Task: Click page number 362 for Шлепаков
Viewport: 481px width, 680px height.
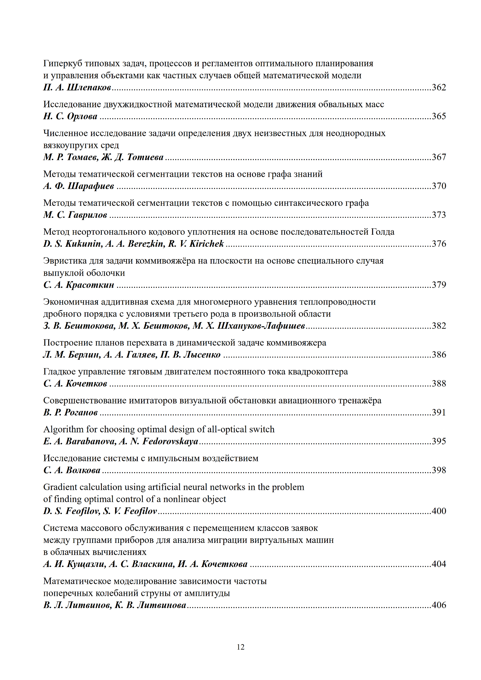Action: pos(439,87)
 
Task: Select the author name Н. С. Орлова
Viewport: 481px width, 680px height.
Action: pos(70,116)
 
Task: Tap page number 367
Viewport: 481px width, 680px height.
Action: pos(439,157)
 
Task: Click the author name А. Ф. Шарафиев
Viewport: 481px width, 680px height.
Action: pos(79,186)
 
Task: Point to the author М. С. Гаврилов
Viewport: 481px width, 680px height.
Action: pos(75,215)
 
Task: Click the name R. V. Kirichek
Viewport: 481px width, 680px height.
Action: pos(196,244)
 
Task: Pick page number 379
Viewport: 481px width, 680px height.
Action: pos(439,285)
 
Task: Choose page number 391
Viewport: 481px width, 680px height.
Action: pos(439,412)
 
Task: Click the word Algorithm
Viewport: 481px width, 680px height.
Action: pos(63,429)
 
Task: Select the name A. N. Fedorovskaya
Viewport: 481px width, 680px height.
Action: pos(159,441)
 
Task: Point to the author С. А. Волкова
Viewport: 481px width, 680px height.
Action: pos(72,470)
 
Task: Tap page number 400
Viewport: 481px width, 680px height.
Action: pos(439,511)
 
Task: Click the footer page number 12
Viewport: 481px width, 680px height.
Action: pos(241,647)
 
